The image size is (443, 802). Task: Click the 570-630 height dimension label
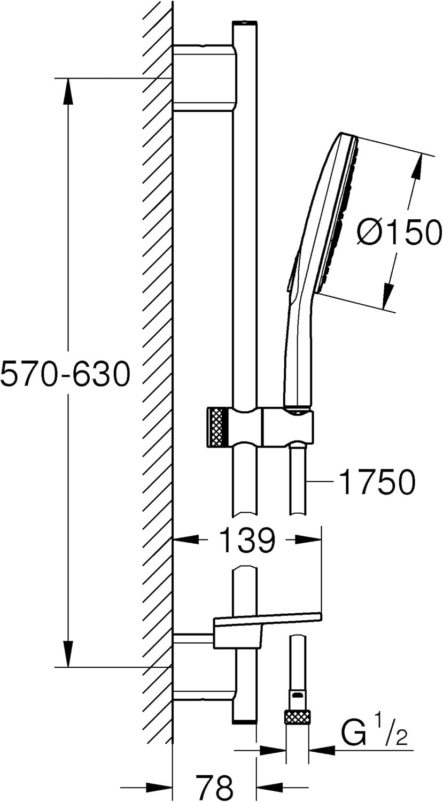[65, 373]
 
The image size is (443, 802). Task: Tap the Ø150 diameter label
[398, 232]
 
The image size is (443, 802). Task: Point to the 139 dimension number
[247, 540]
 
